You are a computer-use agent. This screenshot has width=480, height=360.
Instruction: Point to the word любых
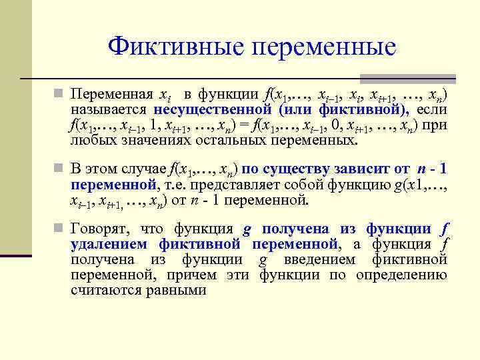click(x=90, y=141)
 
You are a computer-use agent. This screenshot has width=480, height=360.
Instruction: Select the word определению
click(x=401, y=275)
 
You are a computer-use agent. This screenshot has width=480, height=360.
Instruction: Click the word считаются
click(x=104, y=290)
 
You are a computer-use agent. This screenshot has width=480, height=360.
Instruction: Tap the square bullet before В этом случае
click(x=61, y=167)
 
